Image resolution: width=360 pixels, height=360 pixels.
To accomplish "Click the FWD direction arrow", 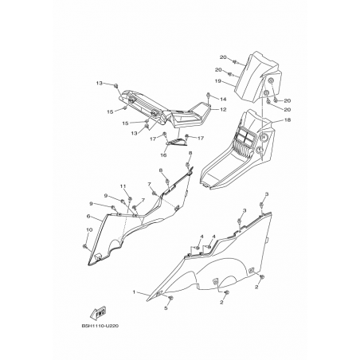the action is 98,313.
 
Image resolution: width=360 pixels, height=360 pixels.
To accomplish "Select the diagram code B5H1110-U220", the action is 100,326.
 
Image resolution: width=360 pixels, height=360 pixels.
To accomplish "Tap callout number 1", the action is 134,292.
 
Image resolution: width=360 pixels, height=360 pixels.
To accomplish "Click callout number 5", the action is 166,308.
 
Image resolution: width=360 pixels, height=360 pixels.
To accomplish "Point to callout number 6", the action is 88,216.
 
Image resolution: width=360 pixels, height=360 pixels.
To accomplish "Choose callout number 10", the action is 89,229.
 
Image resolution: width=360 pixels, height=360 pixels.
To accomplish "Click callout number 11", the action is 123,186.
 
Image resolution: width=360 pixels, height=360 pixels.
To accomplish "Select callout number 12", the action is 223,109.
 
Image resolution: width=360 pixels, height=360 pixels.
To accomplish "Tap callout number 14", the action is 223,100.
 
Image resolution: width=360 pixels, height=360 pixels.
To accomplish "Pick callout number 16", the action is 163,155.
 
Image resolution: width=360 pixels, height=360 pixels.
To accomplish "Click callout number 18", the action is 288,120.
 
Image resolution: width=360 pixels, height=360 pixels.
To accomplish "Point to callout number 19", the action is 218,81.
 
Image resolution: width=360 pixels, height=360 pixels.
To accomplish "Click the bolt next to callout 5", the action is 171,298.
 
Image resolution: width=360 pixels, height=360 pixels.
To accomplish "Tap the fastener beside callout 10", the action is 85,246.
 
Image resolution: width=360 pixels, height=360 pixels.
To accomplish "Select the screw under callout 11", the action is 130,199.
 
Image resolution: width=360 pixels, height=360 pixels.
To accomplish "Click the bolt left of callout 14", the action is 209,95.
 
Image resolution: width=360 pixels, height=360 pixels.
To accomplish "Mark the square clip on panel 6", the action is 97,256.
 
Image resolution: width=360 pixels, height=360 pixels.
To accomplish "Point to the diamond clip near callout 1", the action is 158,293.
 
